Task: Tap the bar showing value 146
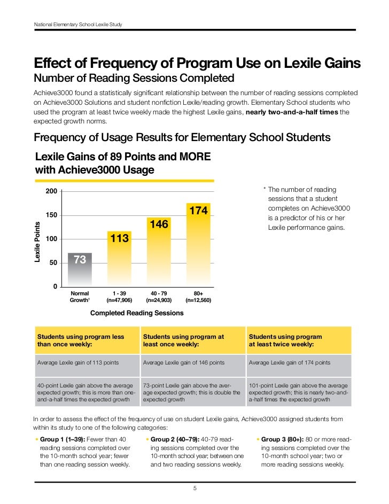(159, 251)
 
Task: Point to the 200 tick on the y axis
(52, 192)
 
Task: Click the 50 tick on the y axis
(53, 263)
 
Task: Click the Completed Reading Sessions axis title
(137, 313)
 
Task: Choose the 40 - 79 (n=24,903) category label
(159, 297)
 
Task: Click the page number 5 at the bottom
(194, 488)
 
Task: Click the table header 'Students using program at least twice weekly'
(286, 340)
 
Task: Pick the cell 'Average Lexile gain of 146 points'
(184, 362)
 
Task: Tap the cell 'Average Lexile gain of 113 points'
(78, 362)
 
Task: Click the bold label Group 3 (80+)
(283, 439)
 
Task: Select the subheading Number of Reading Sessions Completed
(134, 79)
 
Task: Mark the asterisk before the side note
(264, 190)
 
